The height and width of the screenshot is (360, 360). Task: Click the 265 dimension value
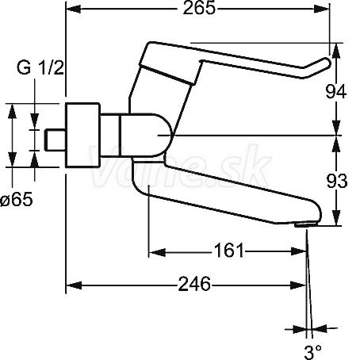click(199, 9)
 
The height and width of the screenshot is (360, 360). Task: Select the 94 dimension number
click(335, 92)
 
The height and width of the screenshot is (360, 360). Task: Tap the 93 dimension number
click(336, 181)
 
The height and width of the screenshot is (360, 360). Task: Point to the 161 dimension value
click(228, 251)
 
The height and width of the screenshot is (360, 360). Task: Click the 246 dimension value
click(194, 284)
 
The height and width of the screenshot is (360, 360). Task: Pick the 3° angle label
click(313, 352)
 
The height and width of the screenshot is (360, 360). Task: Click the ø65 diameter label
click(17, 199)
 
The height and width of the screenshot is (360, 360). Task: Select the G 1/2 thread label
click(40, 67)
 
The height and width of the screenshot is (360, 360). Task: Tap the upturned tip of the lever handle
click(327, 63)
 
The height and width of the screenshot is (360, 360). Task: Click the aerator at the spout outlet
click(306, 224)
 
